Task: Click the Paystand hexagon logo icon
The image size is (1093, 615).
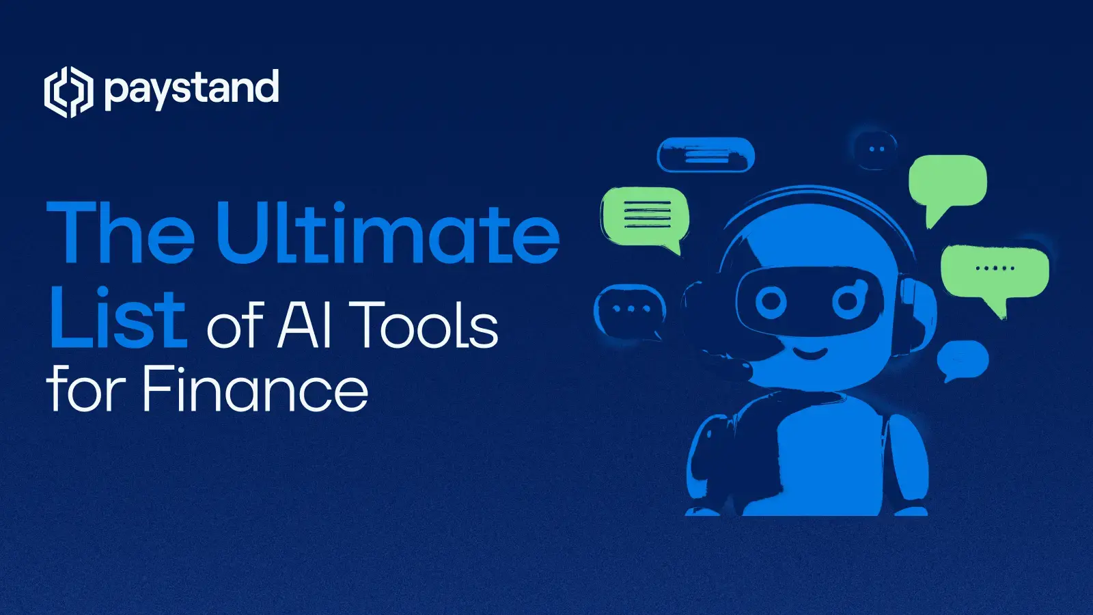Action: [68, 92]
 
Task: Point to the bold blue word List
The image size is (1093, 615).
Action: [117, 317]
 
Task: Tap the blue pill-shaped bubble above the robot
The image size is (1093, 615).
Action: [706, 155]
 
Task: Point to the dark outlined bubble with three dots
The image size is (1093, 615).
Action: [631, 310]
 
